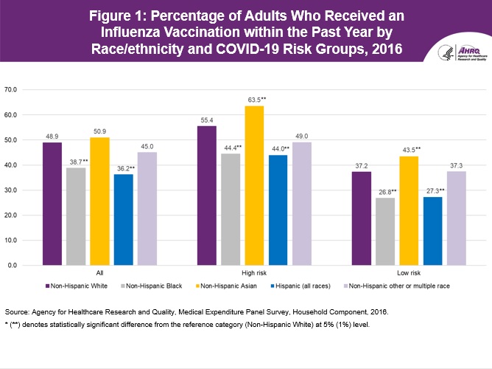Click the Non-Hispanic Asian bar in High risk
pos(254,185)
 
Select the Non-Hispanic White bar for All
pos(52,204)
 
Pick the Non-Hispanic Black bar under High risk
pos(231,209)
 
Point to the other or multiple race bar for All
pos(147,208)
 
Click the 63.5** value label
pos(254,99)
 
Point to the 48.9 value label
pos(52,136)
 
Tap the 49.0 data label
pos(301,135)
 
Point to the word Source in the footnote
pos(16,312)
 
